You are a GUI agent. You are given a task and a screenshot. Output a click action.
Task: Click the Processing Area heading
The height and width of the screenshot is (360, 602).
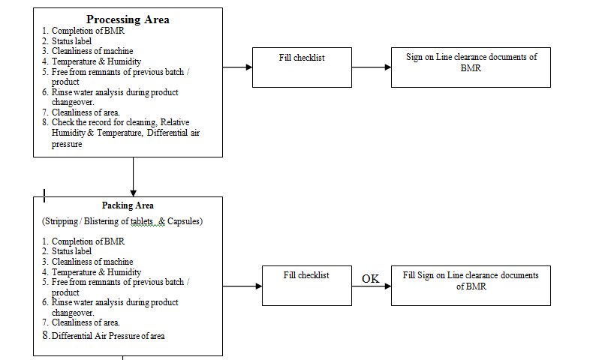point(128,19)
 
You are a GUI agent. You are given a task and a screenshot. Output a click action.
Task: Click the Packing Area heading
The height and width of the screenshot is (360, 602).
point(128,205)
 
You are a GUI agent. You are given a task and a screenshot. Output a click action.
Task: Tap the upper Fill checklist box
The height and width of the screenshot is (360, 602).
point(301,67)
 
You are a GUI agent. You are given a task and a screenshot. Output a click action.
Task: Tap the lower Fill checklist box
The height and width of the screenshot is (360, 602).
point(306,285)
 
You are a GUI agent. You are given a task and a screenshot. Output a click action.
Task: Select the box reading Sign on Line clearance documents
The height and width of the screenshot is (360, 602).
point(471,67)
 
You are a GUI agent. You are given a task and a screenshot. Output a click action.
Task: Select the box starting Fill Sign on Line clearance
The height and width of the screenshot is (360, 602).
point(471,285)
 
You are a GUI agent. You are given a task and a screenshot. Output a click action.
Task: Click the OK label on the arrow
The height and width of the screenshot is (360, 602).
point(371,278)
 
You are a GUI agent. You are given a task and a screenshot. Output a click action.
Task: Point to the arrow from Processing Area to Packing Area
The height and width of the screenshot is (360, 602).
point(133,176)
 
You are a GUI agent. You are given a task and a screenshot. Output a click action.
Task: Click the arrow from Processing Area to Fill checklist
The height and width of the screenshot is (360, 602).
point(237,67)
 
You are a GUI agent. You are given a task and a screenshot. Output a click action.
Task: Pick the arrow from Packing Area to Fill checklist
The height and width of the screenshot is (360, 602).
point(242,286)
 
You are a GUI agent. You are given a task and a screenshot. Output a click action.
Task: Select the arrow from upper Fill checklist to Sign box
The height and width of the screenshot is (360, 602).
point(372,67)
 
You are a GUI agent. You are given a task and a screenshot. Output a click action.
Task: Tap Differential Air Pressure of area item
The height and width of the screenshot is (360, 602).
point(108,336)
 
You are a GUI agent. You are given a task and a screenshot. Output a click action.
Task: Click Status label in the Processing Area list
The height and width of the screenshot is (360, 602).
point(72,40)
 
